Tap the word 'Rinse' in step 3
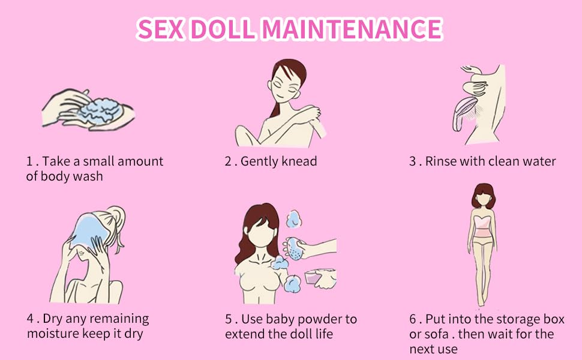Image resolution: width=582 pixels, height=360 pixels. pos(441,161)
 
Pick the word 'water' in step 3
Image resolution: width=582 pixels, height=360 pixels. pos(538,161)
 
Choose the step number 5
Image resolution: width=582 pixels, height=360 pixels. pos(229,319)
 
